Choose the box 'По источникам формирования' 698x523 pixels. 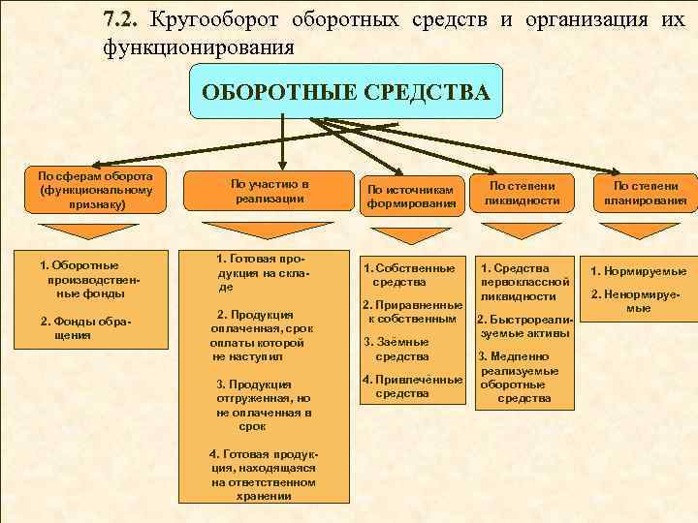pyautogui.click(x=411, y=196)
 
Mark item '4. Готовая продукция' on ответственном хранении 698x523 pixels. pyautogui.click(x=263, y=475)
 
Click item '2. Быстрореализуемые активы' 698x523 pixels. pyautogui.click(x=524, y=325)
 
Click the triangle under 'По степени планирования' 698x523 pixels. pyautogui.click(x=644, y=231)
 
